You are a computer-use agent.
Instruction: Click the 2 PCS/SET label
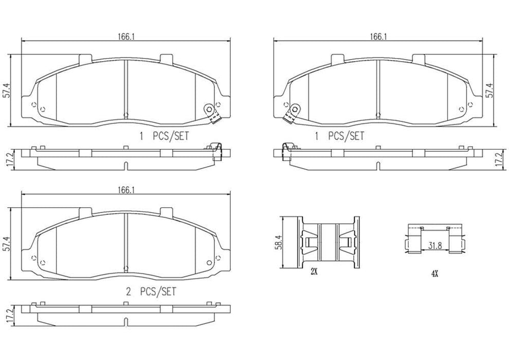(151, 291)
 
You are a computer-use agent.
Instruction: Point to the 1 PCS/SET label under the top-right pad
(339, 136)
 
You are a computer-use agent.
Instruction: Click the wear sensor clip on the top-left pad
(211, 112)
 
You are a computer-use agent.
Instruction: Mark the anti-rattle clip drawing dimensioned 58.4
(326, 241)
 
